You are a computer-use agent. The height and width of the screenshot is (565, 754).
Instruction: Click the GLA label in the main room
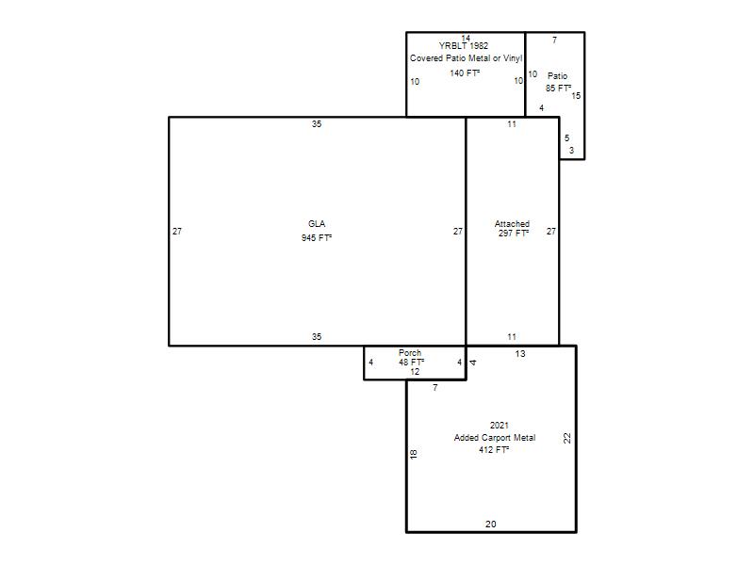tap(317, 224)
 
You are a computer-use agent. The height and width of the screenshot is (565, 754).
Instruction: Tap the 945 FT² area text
tap(317, 238)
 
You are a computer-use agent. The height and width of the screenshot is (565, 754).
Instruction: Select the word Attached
tap(512, 224)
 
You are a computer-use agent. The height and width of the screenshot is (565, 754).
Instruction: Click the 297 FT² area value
tap(513, 233)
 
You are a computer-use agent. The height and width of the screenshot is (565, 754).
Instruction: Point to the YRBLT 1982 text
tap(464, 46)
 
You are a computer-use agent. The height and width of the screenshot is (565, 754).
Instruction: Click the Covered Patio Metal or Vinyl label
tap(466, 58)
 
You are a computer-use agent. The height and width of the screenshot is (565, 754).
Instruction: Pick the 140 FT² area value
tap(465, 73)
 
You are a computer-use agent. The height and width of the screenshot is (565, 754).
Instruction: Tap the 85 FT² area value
tap(558, 89)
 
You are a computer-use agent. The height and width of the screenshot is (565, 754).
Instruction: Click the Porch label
tap(410, 352)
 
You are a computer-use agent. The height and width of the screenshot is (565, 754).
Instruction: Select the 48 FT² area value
tap(411, 363)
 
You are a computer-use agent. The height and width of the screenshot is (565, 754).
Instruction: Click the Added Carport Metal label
tap(494, 438)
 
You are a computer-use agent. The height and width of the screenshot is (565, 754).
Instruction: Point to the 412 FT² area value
tap(494, 450)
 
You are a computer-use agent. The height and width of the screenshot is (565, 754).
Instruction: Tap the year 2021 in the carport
tap(500, 426)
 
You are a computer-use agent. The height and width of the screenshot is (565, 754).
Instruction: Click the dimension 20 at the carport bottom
tap(490, 525)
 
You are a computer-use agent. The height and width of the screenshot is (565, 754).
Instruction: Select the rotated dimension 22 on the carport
tap(567, 438)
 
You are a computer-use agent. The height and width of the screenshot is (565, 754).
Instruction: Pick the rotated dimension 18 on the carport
tap(413, 454)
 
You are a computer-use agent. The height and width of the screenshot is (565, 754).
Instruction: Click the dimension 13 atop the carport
tap(520, 354)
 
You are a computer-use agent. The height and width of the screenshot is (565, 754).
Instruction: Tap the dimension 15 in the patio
tap(576, 96)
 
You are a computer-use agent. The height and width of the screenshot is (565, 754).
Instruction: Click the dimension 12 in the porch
tap(415, 372)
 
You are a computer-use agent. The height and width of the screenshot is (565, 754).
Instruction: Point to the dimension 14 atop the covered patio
tap(466, 38)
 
